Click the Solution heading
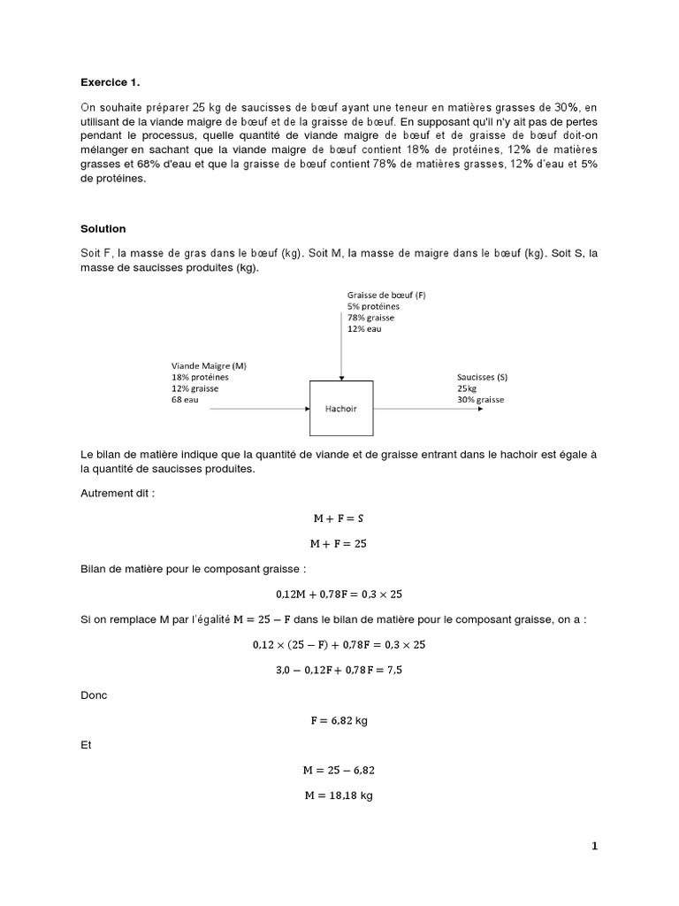103,229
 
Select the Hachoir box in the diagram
340,408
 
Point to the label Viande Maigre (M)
209,365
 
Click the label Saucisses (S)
482,377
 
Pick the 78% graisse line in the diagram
371,317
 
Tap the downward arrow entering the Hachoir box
340,354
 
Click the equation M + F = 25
340,543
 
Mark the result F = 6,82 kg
340,720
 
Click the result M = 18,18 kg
340,795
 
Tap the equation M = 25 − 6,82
340,770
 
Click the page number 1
595,847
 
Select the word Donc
93,695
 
